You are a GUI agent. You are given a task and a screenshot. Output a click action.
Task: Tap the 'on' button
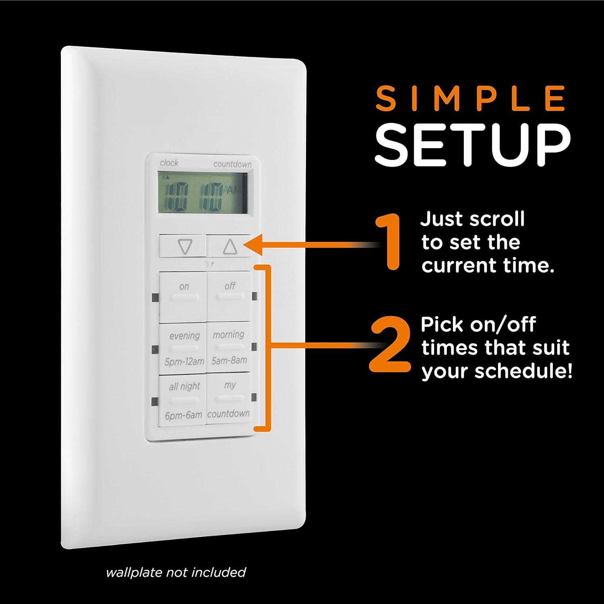point(183,297)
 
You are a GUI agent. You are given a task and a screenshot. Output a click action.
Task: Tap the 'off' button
point(229,296)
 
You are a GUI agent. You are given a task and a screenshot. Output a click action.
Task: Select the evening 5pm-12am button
point(184,348)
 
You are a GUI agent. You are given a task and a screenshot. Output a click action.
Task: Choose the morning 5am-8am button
point(228,347)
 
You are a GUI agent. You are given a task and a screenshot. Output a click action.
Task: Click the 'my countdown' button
point(228,399)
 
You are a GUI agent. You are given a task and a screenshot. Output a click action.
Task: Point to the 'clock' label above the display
point(169,163)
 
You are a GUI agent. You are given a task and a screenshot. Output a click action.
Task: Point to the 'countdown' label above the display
point(232,164)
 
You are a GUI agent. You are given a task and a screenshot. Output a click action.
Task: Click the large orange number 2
point(389,346)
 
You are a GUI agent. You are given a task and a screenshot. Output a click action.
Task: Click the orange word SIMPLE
point(470,99)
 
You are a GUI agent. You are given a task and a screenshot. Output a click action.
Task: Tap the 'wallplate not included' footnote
point(176,572)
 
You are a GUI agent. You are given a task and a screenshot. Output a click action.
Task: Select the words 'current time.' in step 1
point(488,266)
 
